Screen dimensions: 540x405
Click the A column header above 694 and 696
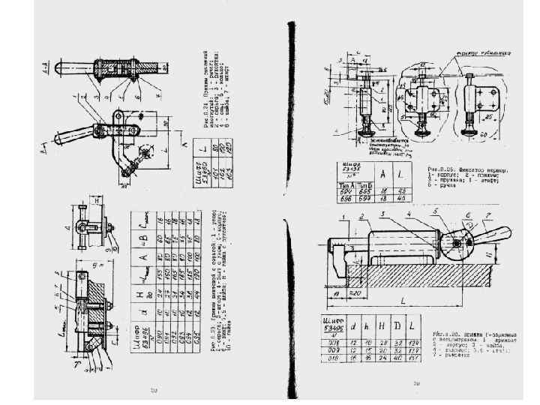(382, 174)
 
